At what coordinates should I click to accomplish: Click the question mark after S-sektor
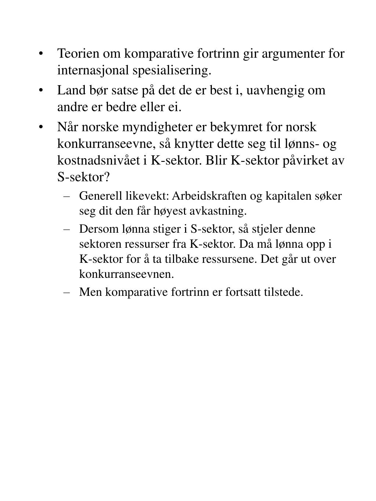[107, 178]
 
